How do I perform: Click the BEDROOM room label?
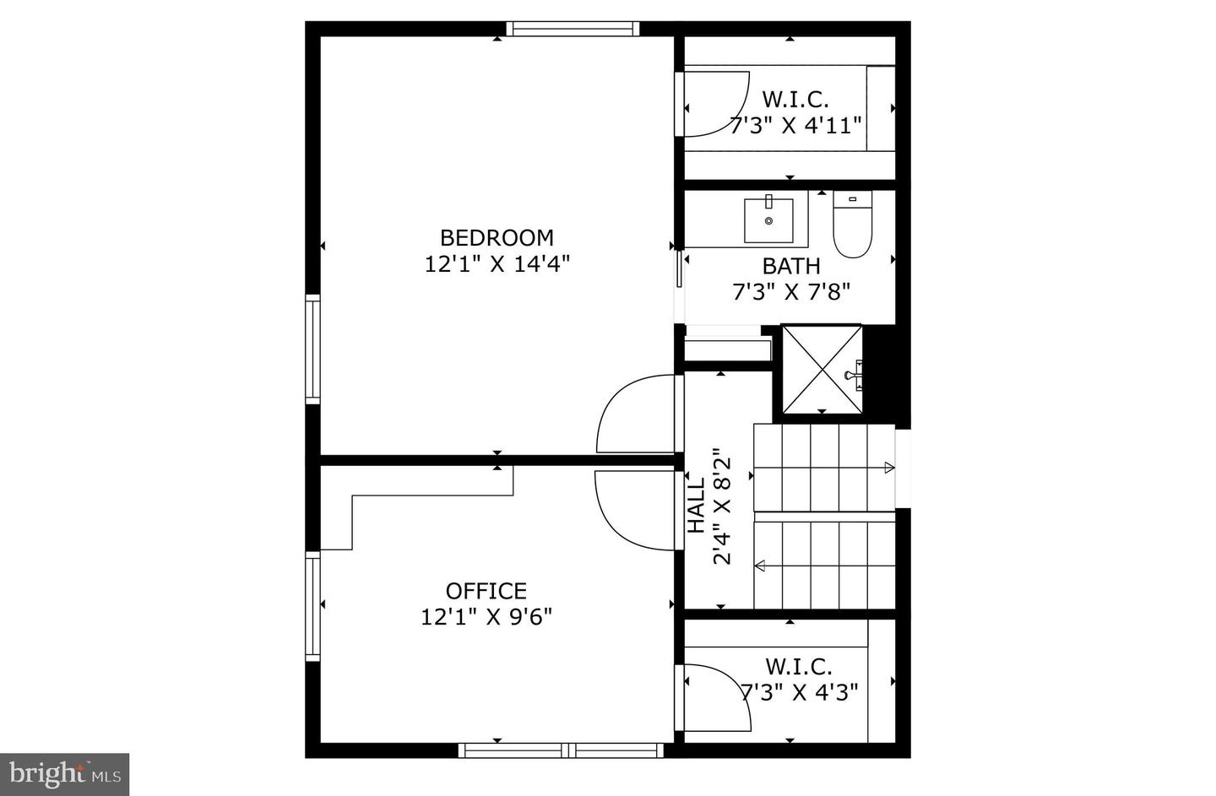point(497,238)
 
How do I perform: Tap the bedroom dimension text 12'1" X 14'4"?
point(497,264)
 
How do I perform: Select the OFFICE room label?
point(486,590)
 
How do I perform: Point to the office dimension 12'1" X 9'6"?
point(486,617)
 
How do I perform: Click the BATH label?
point(791,266)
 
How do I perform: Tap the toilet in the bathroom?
point(852,224)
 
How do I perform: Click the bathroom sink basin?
point(768,220)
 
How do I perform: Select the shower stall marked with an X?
point(822,370)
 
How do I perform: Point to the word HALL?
point(696,505)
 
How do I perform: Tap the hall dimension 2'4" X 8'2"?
point(722,506)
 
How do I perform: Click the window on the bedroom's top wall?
point(573,29)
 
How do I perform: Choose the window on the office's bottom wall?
point(562,750)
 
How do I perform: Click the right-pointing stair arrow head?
point(889,467)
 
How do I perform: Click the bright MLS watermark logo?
point(64,774)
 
